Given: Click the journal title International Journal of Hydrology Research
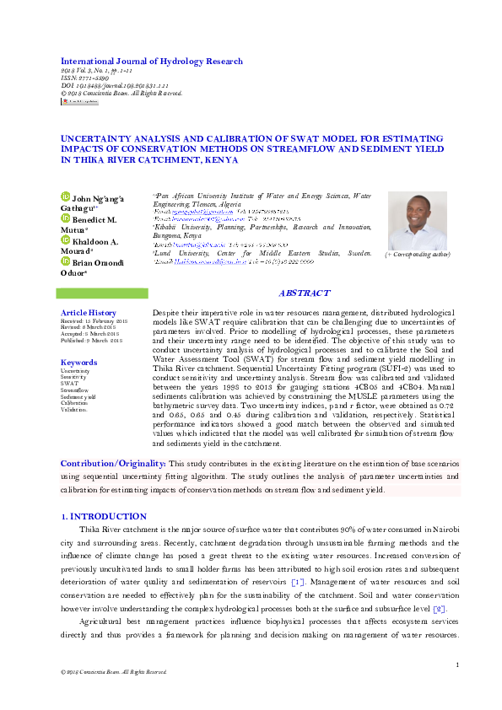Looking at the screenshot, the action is pyautogui.click(x=151, y=62).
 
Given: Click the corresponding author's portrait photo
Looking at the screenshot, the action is pyautogui.click(x=417, y=221).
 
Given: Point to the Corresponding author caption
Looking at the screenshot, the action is pyautogui.click(x=417, y=254).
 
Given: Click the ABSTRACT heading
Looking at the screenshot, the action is pyautogui.click(x=303, y=293).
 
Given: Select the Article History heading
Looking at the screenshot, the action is pyautogui.click(x=88, y=313).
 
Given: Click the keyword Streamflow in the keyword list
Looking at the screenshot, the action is pyautogui.click(x=73, y=390).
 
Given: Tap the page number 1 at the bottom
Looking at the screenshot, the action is pyautogui.click(x=456, y=665).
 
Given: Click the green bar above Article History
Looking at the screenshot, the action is pyautogui.click(x=101, y=293).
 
